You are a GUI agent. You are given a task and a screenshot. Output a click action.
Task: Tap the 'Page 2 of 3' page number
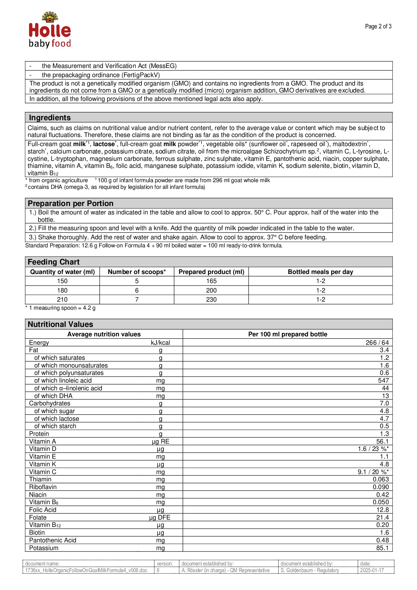(378, 26)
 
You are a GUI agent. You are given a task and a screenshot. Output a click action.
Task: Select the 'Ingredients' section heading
(50, 118)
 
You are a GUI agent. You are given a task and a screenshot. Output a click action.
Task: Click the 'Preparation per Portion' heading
(70, 204)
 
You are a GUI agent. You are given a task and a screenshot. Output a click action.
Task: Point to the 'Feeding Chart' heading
(54, 262)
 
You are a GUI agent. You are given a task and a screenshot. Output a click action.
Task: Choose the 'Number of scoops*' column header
(137, 272)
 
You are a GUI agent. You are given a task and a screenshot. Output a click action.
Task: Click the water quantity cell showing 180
(62, 290)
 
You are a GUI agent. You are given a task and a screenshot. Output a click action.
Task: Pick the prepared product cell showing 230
(211, 300)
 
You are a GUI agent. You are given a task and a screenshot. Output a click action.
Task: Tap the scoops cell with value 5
(137, 281)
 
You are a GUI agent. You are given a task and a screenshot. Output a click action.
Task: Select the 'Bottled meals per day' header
(320, 272)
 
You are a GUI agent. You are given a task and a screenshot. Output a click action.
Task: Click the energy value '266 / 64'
(377, 343)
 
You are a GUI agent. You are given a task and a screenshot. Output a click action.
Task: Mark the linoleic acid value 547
(383, 380)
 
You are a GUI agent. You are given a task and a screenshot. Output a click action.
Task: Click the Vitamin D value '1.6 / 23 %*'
(373, 449)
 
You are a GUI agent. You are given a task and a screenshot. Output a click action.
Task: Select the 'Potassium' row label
(44, 548)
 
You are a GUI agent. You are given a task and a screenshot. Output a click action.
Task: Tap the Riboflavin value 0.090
(381, 487)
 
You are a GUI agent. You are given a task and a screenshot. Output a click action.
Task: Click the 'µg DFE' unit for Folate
(160, 517)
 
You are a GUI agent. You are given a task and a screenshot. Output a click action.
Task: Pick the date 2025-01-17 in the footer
(372, 570)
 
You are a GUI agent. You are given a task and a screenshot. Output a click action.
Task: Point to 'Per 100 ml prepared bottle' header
(287, 334)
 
